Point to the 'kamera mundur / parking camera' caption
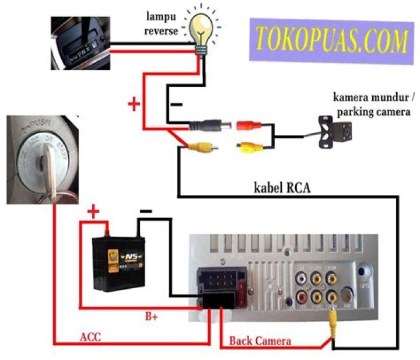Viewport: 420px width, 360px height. pyautogui.click(x=372, y=103)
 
